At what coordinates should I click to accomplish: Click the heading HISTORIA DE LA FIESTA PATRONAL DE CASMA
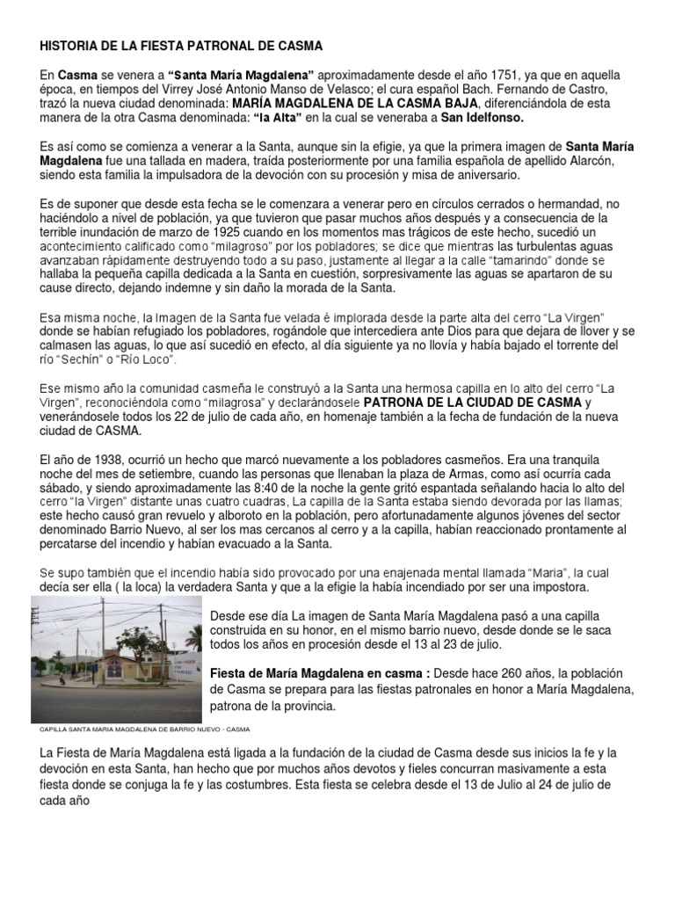[x=181, y=45]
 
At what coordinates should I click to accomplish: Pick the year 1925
[x=214, y=232]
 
